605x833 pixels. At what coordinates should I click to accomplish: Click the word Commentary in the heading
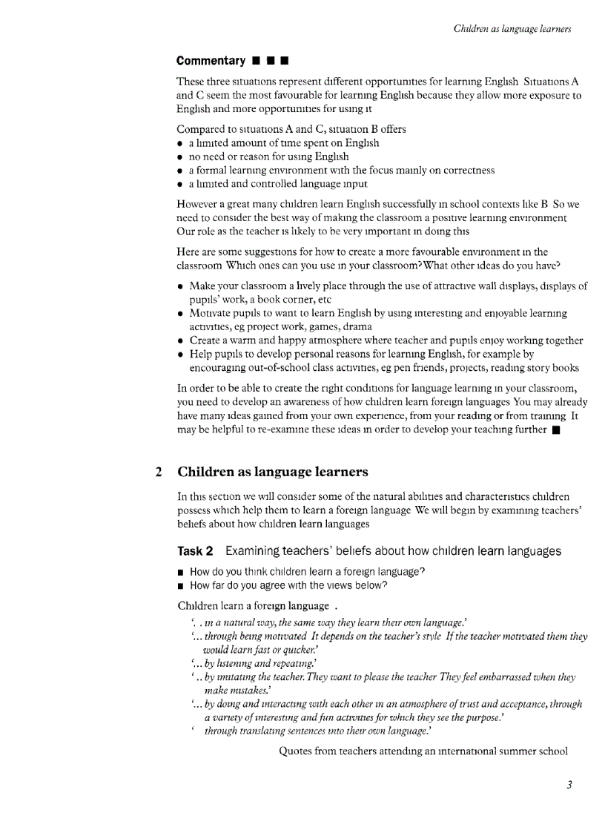tap(211, 61)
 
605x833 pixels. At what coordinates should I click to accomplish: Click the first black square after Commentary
tap(255, 61)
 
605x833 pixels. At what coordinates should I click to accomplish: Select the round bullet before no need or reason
tap(181, 157)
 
